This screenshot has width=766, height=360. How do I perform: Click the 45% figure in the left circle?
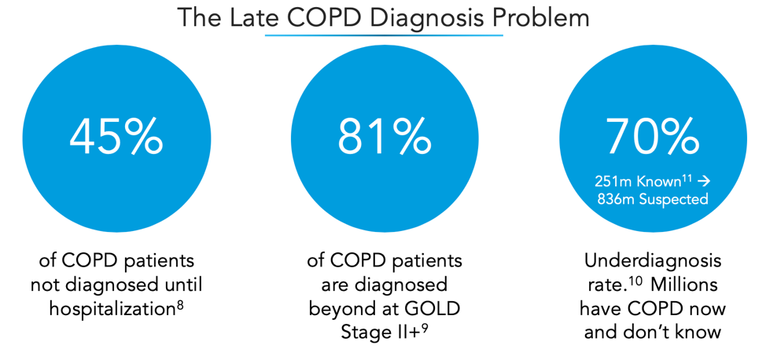click(116, 138)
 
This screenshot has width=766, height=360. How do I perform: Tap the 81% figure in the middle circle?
click(385, 138)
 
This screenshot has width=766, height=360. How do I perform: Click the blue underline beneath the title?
click(383, 35)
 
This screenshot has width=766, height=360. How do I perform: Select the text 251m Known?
click(637, 182)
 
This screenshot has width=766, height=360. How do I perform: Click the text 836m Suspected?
click(652, 199)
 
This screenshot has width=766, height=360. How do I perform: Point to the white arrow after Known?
click(704, 182)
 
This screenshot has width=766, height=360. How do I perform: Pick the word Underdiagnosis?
click(652, 261)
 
